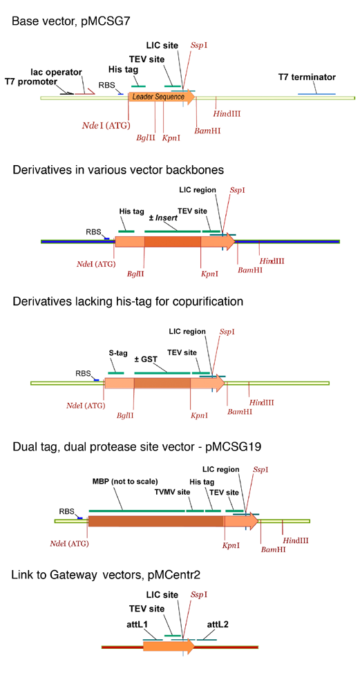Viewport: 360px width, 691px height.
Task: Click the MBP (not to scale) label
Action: [x=124, y=482]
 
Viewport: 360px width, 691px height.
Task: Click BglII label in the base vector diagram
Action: [x=147, y=138]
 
